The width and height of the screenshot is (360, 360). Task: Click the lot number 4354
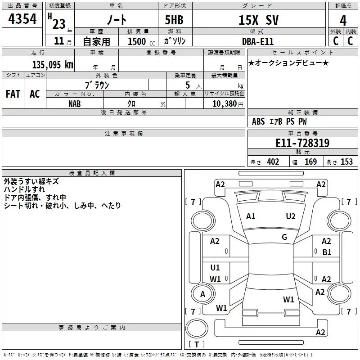coord(22,19)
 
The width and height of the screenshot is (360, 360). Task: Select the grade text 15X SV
coord(258,20)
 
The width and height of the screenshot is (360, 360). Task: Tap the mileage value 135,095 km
coord(53,64)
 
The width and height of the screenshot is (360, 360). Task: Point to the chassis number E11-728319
coord(302,143)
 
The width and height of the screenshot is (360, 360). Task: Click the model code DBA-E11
coord(258,41)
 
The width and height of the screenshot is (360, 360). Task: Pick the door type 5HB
coord(174,20)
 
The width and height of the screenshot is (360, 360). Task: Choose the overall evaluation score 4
coord(343,21)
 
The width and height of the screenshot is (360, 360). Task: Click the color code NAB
coord(75,104)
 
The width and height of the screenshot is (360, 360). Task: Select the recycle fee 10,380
coord(224,104)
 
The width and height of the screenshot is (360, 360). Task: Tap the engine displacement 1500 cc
coord(141,41)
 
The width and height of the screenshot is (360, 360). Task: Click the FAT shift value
coord(13,94)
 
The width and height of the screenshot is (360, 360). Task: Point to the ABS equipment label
coord(258,121)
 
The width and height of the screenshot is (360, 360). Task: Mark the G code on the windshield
coord(284,237)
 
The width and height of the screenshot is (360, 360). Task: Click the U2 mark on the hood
coord(291,216)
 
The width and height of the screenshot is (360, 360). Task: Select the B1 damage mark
coord(327,252)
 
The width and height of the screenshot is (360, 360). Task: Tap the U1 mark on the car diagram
coord(215,267)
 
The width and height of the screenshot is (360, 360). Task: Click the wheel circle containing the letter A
coord(202,294)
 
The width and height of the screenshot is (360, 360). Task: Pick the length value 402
coord(273,162)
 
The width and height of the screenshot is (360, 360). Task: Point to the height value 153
coord(346,162)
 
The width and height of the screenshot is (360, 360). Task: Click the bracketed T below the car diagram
coord(197,344)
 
